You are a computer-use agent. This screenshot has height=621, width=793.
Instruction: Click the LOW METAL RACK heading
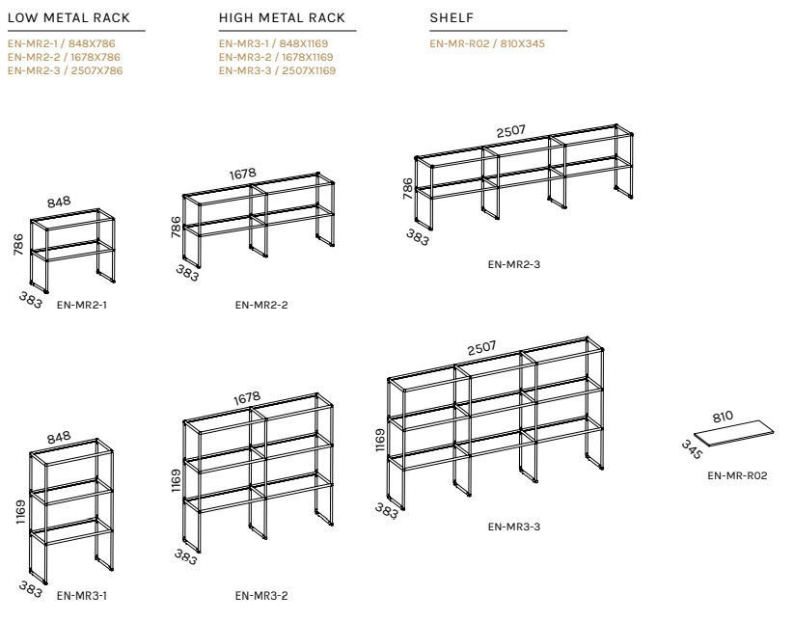[68, 17]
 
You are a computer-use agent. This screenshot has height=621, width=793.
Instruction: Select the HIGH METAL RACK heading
[282, 17]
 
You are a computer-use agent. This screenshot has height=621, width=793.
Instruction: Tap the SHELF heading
[451, 17]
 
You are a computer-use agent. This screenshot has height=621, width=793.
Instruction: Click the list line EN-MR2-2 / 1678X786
[64, 57]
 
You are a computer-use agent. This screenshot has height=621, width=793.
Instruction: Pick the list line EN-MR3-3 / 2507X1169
[277, 70]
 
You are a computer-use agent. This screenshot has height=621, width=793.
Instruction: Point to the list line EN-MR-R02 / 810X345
[487, 43]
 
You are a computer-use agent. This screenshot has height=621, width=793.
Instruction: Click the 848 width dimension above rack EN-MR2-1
[59, 202]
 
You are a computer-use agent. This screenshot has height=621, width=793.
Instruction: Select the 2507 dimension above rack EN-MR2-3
[510, 131]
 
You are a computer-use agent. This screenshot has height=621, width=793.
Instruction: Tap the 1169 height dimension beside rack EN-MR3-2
[176, 480]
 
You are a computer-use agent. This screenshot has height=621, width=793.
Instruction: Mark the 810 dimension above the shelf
[723, 417]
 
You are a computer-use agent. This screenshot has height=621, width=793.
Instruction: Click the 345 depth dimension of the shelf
[692, 449]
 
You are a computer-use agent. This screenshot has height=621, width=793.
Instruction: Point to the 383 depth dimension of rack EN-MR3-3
[387, 511]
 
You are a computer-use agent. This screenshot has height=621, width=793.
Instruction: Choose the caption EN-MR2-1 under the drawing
[81, 305]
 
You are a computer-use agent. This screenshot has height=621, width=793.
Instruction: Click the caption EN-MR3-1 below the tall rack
[81, 596]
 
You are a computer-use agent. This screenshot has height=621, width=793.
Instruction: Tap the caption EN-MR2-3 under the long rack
[514, 264]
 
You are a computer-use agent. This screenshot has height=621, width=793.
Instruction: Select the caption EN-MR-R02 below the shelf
[737, 475]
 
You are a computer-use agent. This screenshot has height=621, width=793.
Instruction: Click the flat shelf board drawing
[734, 434]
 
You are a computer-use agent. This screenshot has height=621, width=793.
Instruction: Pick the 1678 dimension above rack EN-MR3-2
[247, 399]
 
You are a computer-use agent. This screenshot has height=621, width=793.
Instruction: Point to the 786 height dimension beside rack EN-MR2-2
[176, 227]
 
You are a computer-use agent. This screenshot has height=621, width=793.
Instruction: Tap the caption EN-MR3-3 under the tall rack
[514, 526]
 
